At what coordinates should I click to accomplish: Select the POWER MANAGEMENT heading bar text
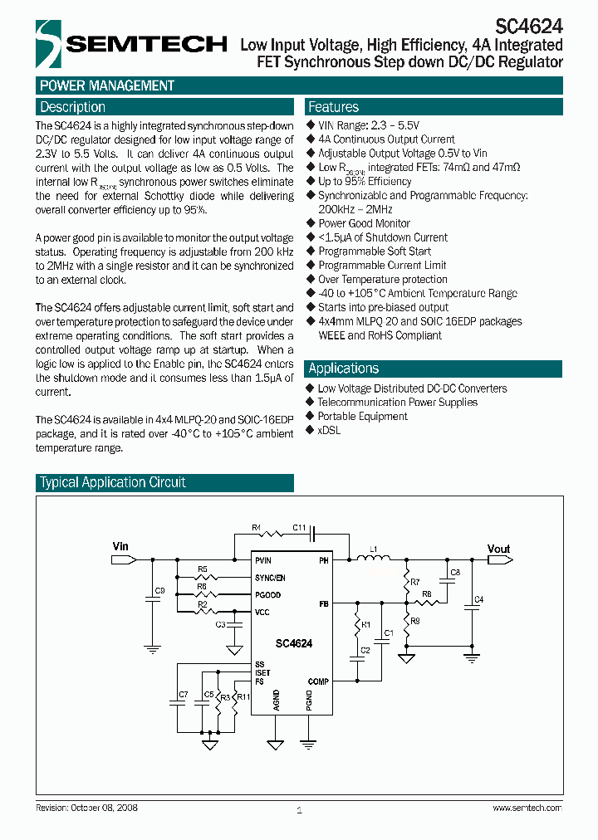(107, 86)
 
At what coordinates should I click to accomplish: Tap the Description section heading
(73, 107)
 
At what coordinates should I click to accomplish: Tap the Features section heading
(333, 107)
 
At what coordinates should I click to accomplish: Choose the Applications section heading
(343, 369)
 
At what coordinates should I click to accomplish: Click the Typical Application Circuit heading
(113, 482)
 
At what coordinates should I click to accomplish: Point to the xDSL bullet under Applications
(329, 430)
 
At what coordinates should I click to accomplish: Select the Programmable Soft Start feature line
(375, 252)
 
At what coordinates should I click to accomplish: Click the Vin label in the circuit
(121, 546)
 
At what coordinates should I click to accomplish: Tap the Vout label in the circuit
(498, 549)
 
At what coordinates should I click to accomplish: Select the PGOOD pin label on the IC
(268, 595)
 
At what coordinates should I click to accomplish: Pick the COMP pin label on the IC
(317, 681)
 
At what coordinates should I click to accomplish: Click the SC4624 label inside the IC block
(294, 643)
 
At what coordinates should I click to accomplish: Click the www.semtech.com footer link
(527, 808)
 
